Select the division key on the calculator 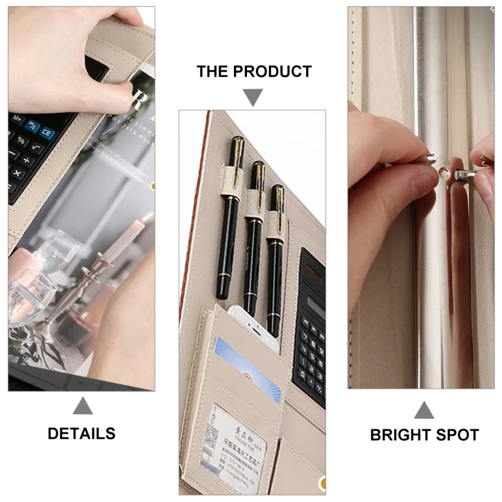[x=27, y=160]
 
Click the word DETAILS [x=81, y=433]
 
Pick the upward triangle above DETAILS [x=82, y=406]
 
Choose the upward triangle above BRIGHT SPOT [x=424, y=410]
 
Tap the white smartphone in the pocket [x=254, y=326]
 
